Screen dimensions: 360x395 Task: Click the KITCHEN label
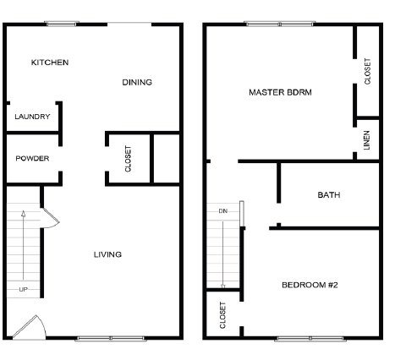point(50,63)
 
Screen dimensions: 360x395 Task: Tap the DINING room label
point(137,82)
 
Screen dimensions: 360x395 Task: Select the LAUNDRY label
point(32,117)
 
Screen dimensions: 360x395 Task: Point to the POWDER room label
point(32,158)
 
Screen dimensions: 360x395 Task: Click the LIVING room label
point(107,254)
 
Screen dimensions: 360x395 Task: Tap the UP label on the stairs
point(23,290)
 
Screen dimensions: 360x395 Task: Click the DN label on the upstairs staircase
point(223,210)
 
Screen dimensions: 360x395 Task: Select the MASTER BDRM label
point(281,92)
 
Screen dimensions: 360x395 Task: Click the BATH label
point(329,194)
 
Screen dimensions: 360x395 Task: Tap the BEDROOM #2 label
point(310,285)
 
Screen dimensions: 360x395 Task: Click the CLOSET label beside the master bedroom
point(367,71)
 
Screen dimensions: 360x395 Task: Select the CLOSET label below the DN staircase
point(223,314)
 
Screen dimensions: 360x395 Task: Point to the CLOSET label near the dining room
point(129,159)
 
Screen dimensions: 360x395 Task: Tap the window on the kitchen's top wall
point(62,24)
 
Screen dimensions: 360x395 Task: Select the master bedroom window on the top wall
point(268,24)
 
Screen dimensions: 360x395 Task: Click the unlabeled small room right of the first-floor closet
point(165,158)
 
